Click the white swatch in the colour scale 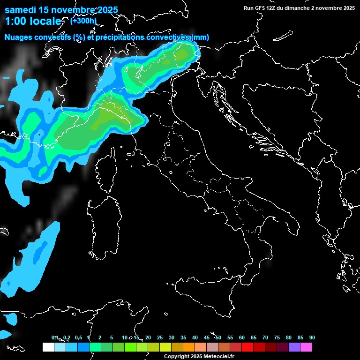pyautogui.click(x=48, y=347)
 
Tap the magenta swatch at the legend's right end pyautogui.click(x=306, y=347)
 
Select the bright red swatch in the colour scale pyautogui.click(x=247, y=347)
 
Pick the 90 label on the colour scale pyautogui.click(x=312, y=337)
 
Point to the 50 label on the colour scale pyautogui.click(x=218, y=337)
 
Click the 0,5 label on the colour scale pyautogui.click(x=78, y=337)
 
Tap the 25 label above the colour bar pyautogui.click(x=160, y=337)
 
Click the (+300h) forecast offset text pyautogui.click(x=83, y=21)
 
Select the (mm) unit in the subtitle pyautogui.click(x=200, y=37)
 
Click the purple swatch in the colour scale pyautogui.click(x=294, y=347)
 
